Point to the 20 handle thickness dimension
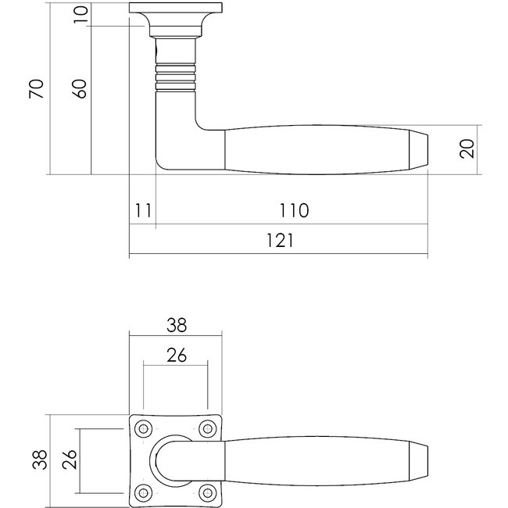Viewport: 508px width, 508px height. (x=467, y=148)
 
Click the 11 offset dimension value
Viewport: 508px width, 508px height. (x=141, y=210)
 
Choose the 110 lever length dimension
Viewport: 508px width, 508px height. (x=293, y=210)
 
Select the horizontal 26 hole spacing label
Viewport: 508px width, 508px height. (x=177, y=355)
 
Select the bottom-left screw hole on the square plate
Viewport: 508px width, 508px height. (x=144, y=492)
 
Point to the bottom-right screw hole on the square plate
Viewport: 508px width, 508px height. (x=207, y=492)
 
